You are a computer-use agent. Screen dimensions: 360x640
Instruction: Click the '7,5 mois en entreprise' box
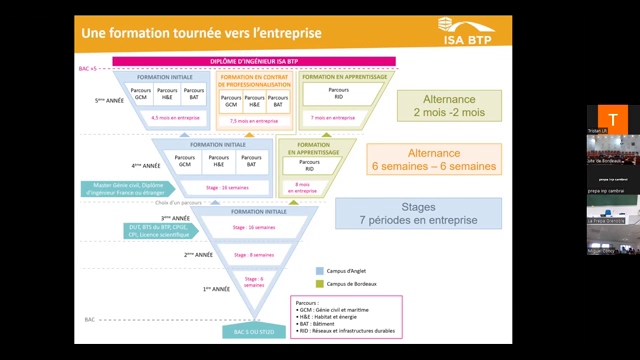[252, 120]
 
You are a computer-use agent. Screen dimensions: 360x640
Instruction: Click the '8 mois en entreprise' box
[303, 185]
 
